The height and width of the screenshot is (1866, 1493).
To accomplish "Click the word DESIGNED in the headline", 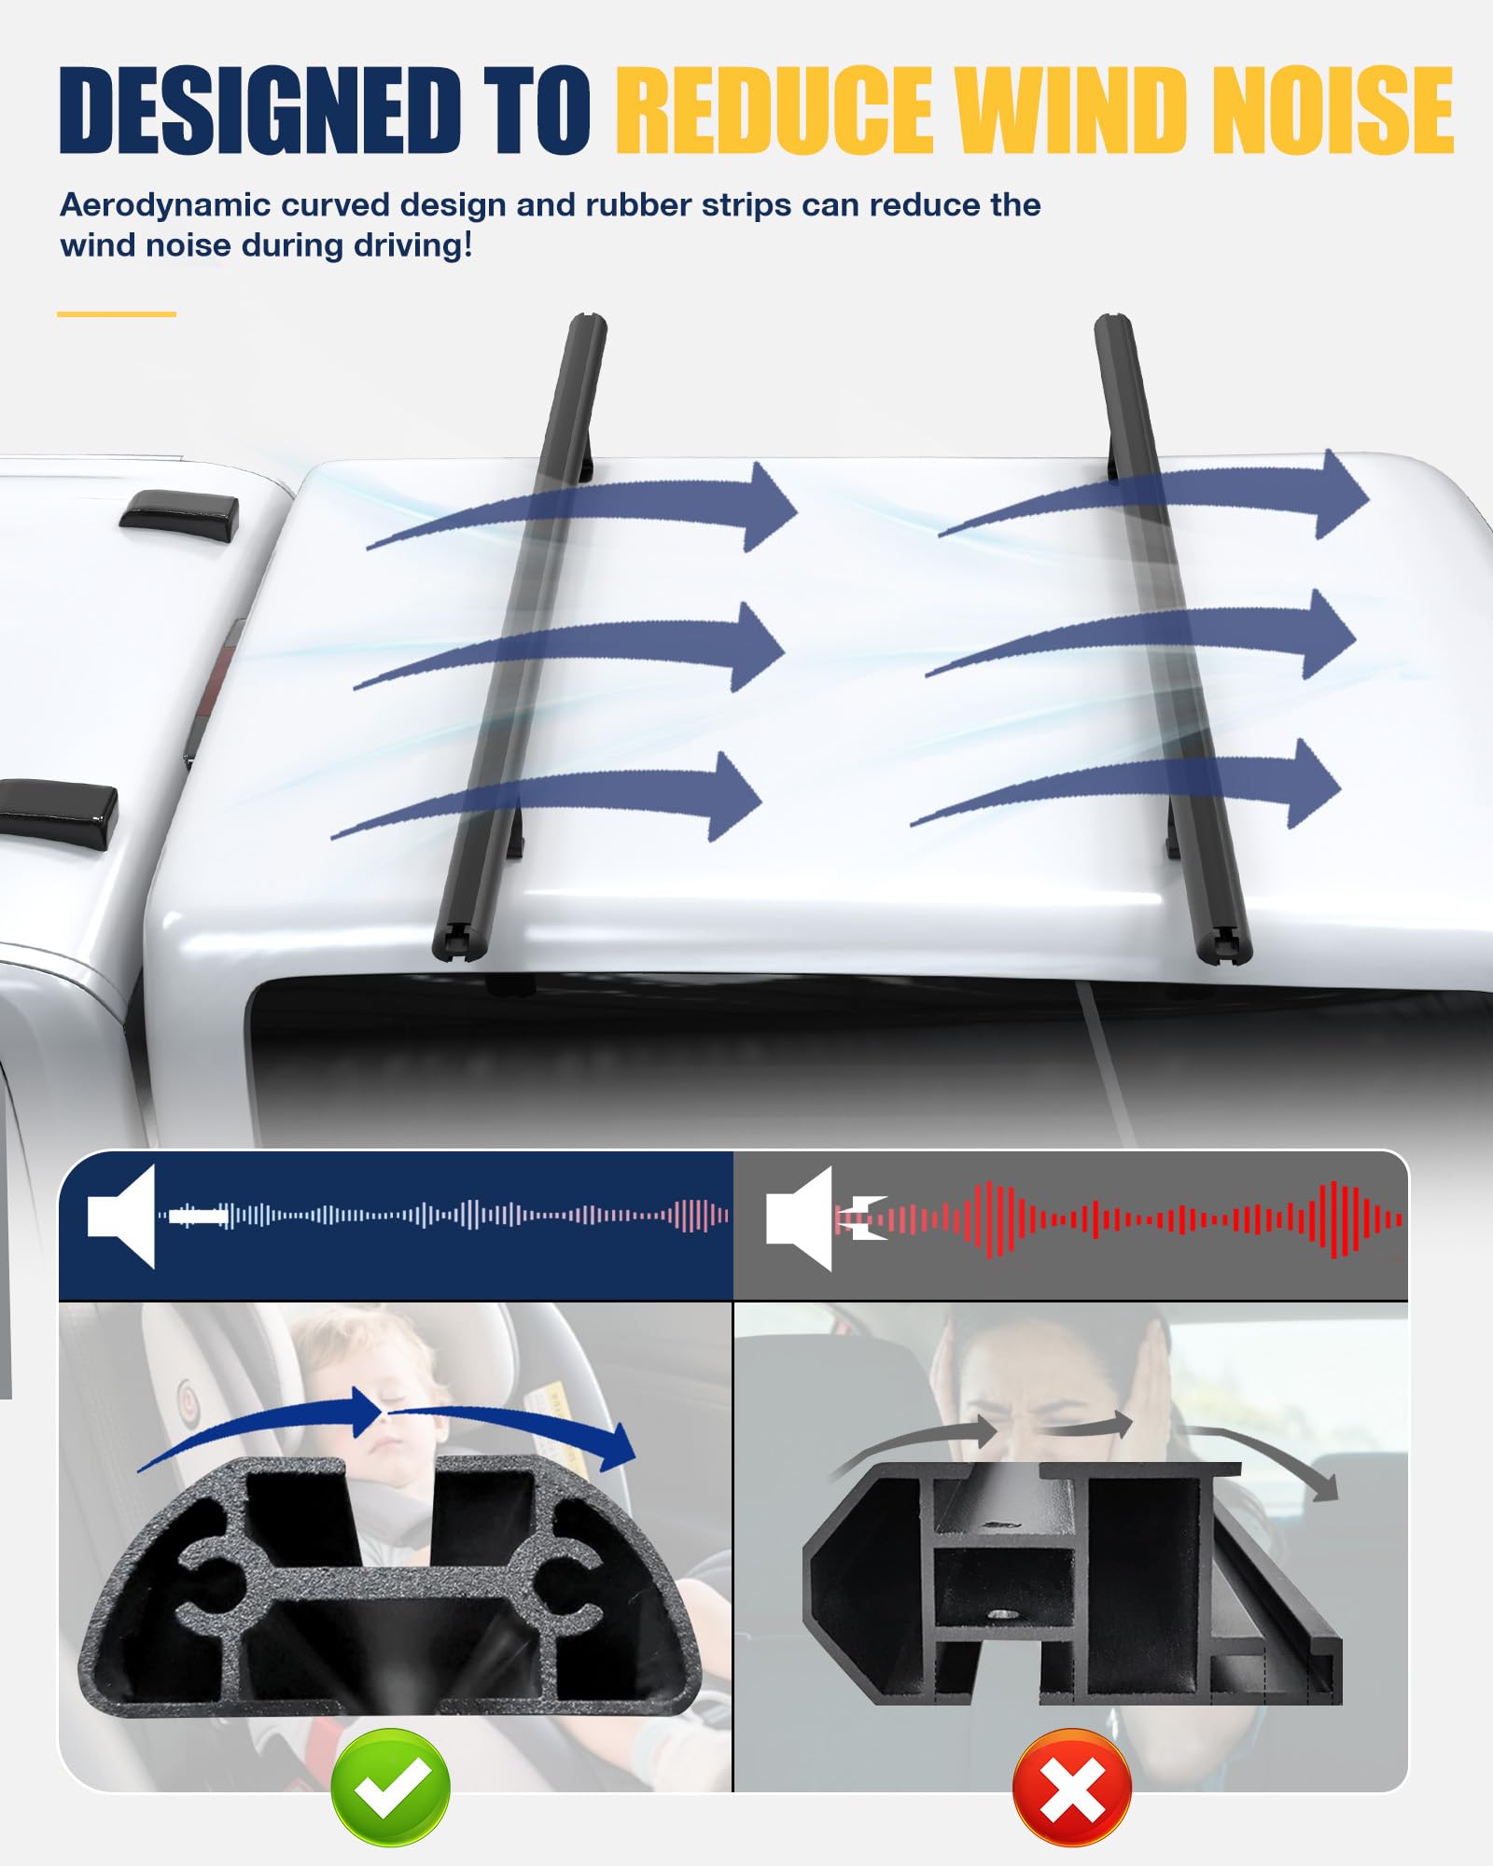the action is pyautogui.click(x=260, y=110).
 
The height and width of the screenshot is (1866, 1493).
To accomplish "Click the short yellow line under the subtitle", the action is pyautogui.click(x=117, y=314).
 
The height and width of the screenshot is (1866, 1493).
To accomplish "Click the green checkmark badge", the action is pyautogui.click(x=390, y=1787).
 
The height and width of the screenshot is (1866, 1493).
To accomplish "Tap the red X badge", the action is pyautogui.click(x=1072, y=1787).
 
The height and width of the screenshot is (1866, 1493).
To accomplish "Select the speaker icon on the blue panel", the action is pyautogui.click(x=121, y=1216).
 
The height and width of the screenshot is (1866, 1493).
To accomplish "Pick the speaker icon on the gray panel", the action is pyautogui.click(x=799, y=1218).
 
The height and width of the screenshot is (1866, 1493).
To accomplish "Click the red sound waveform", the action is pyautogui.click(x=1120, y=1218).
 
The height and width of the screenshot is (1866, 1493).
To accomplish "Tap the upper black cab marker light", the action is pyautogui.click(x=179, y=515).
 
